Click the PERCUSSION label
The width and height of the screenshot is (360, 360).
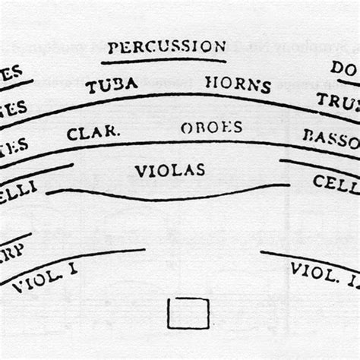[x=166, y=47]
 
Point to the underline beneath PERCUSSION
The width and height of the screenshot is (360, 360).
[x=166, y=60]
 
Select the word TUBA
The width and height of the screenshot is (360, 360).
[x=112, y=86]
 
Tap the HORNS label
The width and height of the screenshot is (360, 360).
[x=238, y=84]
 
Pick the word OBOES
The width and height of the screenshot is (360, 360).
[x=211, y=127]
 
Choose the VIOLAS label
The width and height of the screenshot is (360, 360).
[x=170, y=170]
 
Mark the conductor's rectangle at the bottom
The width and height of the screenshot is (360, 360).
[x=188, y=313]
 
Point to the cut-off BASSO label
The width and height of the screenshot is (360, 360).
[x=330, y=137]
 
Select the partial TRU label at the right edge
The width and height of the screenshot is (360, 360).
[x=338, y=100]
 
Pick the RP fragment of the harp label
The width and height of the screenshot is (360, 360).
[x=11, y=251]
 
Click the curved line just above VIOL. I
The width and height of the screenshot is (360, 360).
[x=76, y=262]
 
